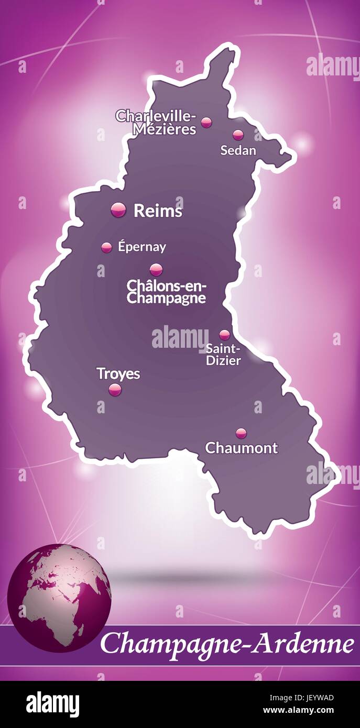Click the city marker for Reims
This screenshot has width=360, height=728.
[x=119, y=210]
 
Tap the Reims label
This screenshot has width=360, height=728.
[x=158, y=211]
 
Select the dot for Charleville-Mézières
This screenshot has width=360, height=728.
[x=206, y=123]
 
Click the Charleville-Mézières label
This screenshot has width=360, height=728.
[x=156, y=122]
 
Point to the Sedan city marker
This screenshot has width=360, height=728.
[x=238, y=135]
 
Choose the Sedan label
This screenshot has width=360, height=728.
[x=238, y=151]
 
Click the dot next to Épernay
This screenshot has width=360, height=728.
[x=107, y=247]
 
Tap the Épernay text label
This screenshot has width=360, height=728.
[x=142, y=247]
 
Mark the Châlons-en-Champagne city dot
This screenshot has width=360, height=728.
[x=156, y=270]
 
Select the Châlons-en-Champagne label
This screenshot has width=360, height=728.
[x=167, y=292]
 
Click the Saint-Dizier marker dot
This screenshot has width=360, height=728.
[x=225, y=335]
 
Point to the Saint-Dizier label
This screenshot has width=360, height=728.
[x=223, y=354]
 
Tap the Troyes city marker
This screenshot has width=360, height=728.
[x=115, y=389]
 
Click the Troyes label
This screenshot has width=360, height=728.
[x=118, y=373]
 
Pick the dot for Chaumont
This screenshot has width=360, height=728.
[x=241, y=433]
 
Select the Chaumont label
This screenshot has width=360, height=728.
[x=241, y=448]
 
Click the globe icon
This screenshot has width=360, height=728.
[x=59, y=598]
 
